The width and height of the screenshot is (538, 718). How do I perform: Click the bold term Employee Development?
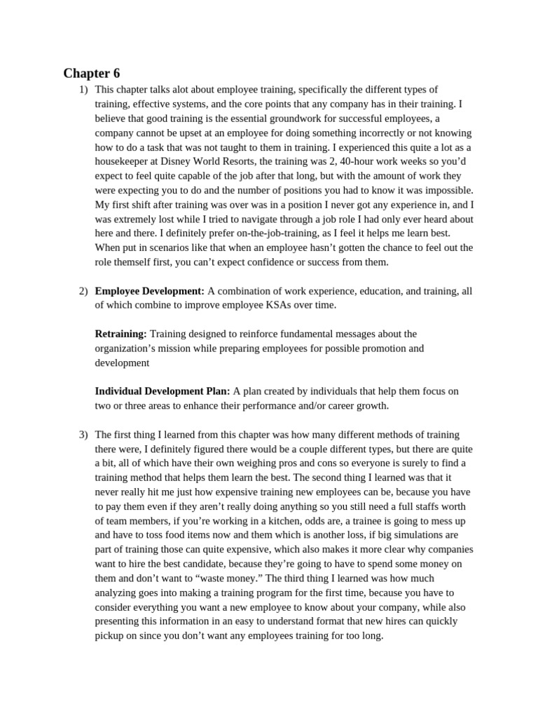[149, 290]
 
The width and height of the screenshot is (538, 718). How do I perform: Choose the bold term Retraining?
[120, 334]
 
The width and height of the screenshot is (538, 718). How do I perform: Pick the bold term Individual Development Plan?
[163, 391]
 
